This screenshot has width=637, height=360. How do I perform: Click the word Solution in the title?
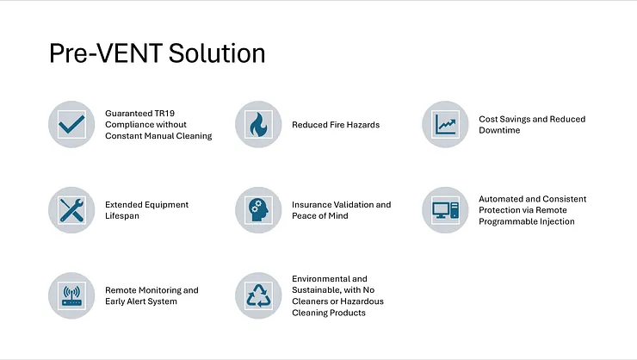(217, 53)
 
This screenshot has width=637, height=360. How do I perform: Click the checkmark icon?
(71, 124)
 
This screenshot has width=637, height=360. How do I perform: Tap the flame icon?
(258, 124)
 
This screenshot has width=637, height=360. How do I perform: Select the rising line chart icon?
(445, 124)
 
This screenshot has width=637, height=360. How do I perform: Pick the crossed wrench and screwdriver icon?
(71, 209)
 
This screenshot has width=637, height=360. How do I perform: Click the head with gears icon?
(258, 209)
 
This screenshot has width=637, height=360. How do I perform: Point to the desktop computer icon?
(445, 210)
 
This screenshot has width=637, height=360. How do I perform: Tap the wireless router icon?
(71, 295)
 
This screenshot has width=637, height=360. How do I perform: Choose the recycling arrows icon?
(258, 295)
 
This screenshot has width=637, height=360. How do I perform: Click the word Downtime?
(499, 130)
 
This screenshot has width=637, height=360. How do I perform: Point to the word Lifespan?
(122, 216)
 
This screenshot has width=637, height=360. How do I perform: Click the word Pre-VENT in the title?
(107, 53)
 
